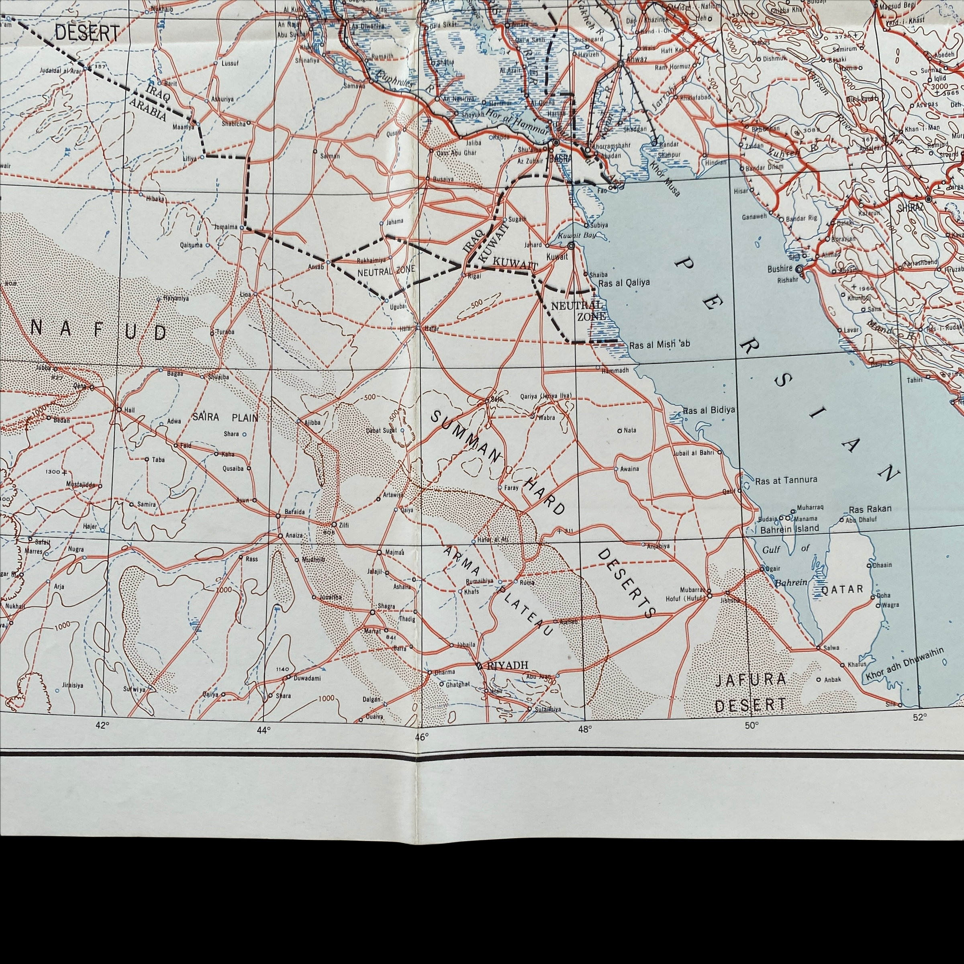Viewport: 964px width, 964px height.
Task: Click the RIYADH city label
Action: (507, 665)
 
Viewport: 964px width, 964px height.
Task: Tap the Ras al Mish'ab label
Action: (660, 345)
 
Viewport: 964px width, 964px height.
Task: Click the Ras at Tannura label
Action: (786, 480)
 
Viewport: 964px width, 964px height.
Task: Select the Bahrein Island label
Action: (789, 529)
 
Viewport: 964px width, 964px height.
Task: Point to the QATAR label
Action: (842, 589)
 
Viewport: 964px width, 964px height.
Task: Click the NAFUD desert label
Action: (99, 331)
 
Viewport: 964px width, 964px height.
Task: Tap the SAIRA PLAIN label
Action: (225, 417)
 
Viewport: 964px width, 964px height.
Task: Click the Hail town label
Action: (129, 410)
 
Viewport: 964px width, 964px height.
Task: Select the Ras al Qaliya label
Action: (624, 282)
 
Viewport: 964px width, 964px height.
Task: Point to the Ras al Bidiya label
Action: (709, 411)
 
